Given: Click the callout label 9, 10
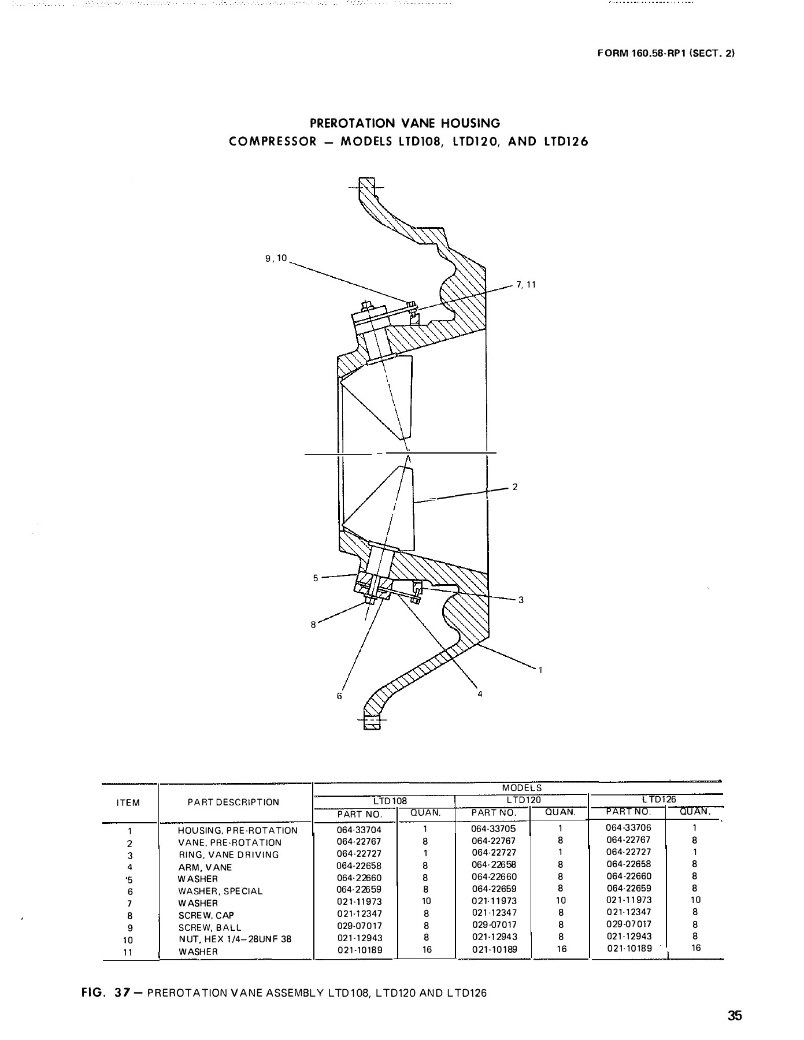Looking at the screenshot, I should [x=276, y=259].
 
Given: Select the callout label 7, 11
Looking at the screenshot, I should [x=527, y=285].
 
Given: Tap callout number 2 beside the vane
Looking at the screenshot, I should [x=515, y=487].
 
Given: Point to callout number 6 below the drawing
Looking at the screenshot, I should [x=339, y=696].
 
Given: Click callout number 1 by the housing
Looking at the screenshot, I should [x=540, y=670].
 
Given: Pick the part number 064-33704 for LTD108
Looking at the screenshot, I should [x=359, y=830].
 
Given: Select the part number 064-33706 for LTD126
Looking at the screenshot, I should [x=628, y=828].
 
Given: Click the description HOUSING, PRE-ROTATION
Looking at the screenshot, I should [x=238, y=831].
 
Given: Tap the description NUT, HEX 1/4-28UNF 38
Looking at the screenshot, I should [x=235, y=939].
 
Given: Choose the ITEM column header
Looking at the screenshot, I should [x=128, y=803].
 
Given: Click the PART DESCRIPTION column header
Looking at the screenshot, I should [x=234, y=803].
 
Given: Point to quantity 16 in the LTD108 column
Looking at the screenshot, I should [x=427, y=949].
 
